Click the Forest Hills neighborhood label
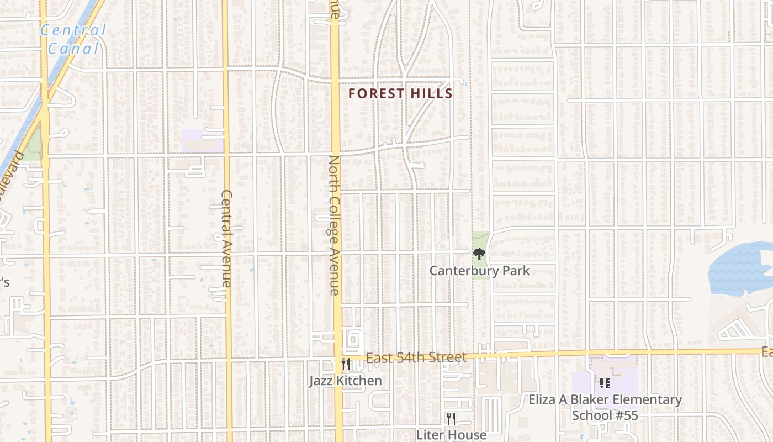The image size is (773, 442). (400, 94)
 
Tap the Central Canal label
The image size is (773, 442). (73, 39)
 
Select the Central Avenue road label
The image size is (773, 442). (226, 238)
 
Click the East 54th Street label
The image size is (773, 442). (416, 358)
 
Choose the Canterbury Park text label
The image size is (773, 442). (479, 271)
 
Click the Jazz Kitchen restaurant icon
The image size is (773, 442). (346, 365)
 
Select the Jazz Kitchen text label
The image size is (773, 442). (345, 381)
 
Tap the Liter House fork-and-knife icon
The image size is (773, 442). (451, 419)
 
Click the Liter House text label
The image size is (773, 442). (451, 435)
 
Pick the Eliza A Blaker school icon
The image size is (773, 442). (605, 383)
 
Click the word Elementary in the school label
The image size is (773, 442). (648, 399)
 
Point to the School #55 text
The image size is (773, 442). (605, 415)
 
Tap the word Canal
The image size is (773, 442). (73, 49)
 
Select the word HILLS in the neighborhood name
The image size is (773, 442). (431, 94)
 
